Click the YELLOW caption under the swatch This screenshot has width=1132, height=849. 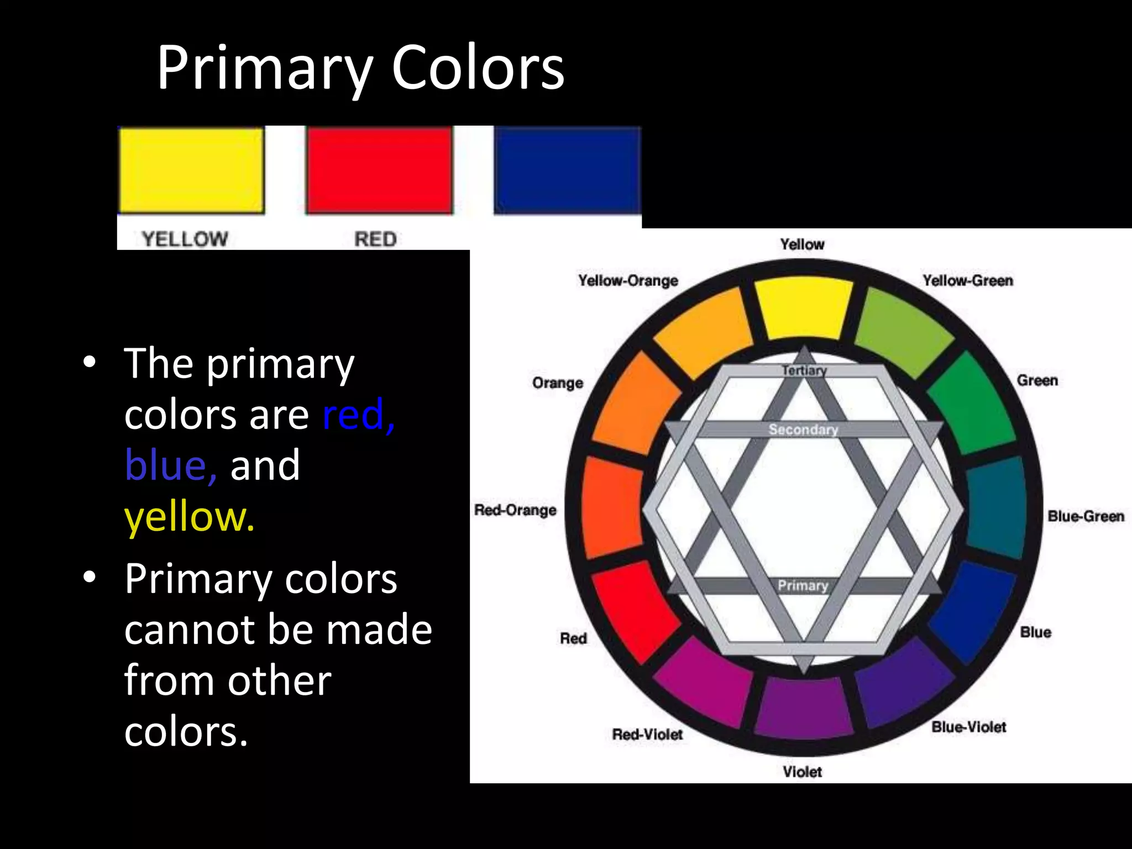click(x=185, y=239)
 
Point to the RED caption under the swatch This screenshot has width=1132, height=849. click(x=375, y=239)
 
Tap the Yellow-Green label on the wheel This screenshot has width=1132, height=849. click(x=967, y=280)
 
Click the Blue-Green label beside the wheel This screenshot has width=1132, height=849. click(x=1086, y=516)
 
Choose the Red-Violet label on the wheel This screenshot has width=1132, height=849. click(x=647, y=734)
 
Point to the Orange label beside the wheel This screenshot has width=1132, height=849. click(x=557, y=382)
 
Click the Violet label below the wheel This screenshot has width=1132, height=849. click(x=802, y=772)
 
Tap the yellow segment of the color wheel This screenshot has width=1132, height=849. click(x=803, y=310)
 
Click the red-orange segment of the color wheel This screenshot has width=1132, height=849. click(x=612, y=507)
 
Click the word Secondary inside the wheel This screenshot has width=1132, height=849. click(x=803, y=429)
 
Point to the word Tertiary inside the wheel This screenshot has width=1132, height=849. click(x=804, y=370)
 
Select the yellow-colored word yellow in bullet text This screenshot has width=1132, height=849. click(x=189, y=517)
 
